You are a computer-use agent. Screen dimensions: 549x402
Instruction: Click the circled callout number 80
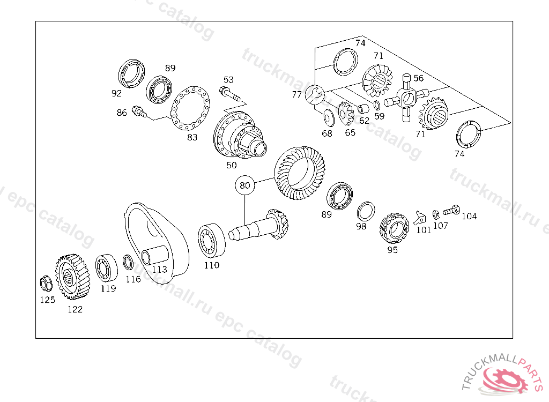tap(244, 185)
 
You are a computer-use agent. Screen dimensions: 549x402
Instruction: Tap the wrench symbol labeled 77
tap(315, 94)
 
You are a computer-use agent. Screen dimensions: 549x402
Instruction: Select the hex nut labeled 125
tap(46, 284)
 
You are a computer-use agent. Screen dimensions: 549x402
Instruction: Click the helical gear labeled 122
tap(72, 277)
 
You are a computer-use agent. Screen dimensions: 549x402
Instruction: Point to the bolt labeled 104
tap(451, 210)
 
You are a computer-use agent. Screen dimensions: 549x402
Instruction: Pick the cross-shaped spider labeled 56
tap(406, 98)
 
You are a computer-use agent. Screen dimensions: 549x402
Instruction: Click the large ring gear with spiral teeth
tap(300, 173)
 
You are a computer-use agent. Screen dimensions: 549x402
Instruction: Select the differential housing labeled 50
tap(240, 135)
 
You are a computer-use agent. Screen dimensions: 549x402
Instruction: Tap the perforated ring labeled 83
tap(190, 108)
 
